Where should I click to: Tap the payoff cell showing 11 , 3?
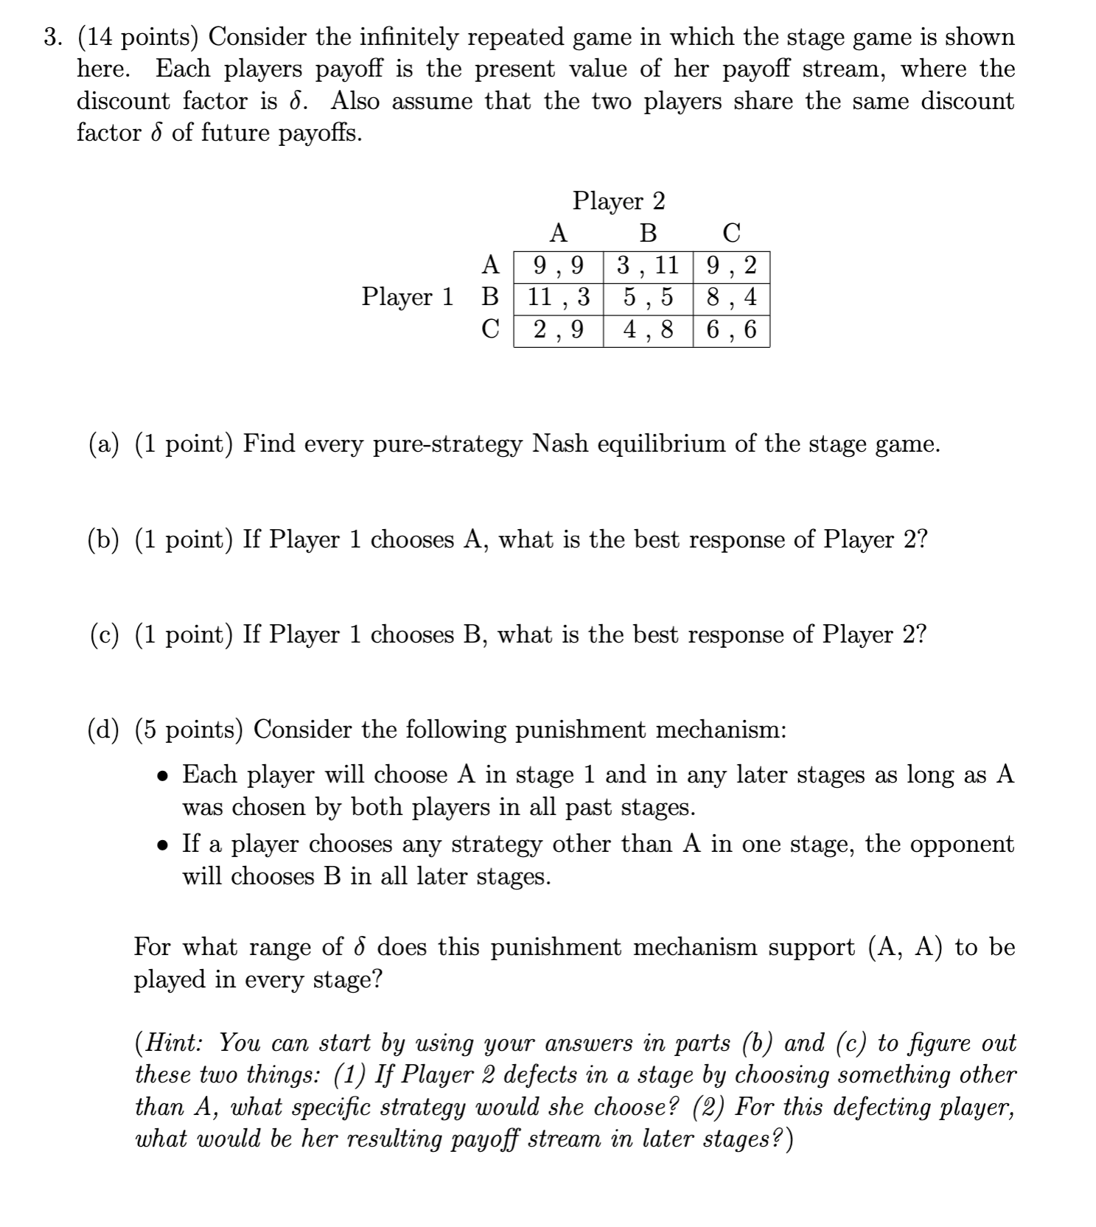(558, 297)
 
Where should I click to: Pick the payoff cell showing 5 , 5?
(647, 297)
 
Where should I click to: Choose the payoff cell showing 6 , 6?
(730, 329)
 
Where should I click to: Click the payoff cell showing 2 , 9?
(558, 329)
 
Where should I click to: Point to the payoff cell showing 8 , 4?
(730, 297)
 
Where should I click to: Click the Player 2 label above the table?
(618, 200)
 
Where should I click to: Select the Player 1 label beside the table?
(407, 297)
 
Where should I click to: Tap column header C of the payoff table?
(730, 233)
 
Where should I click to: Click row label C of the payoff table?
(490, 329)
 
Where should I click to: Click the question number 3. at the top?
(52, 37)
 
